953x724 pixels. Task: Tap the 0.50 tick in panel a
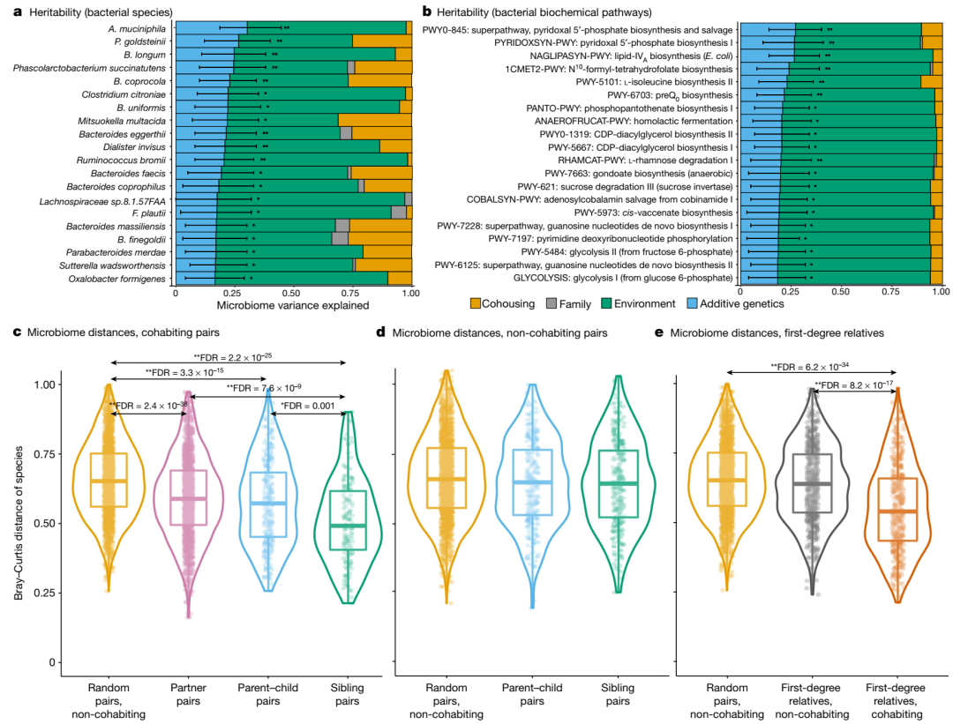(x=293, y=291)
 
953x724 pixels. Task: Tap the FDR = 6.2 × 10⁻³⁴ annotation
(x=809, y=367)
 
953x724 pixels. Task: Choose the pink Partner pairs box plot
(x=188, y=497)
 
